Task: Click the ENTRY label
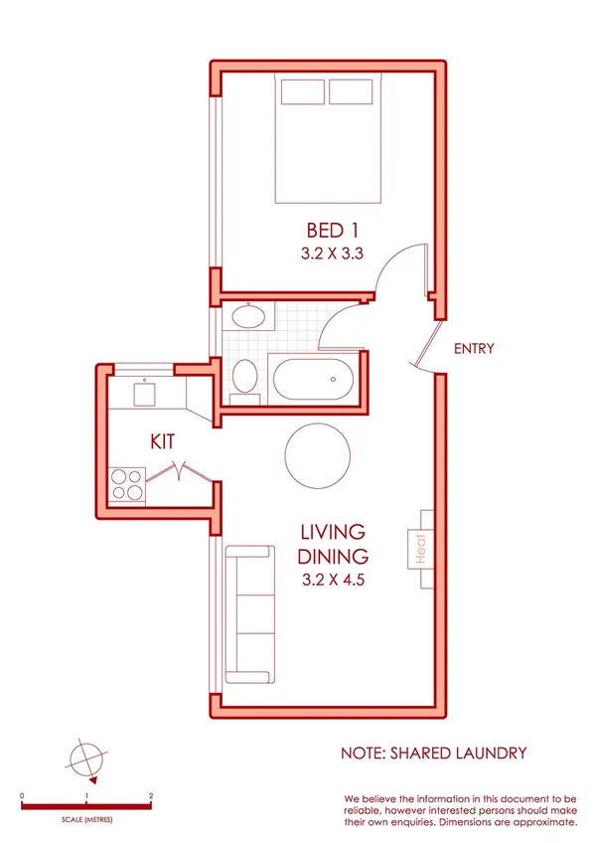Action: point(473,349)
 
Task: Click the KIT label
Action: point(164,440)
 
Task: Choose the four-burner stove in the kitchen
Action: point(128,483)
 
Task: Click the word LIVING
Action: point(333,533)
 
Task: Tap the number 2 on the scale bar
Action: point(150,796)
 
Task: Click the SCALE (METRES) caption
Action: point(86,818)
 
